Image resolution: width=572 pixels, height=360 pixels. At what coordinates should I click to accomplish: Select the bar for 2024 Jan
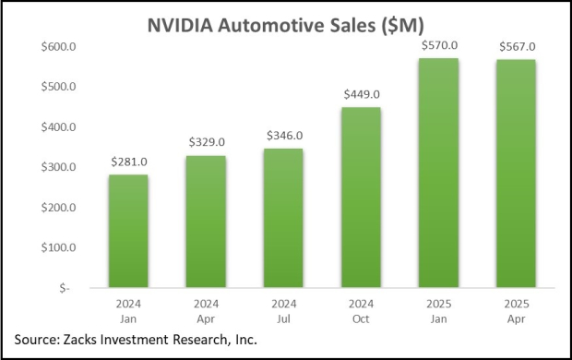pos(128,231)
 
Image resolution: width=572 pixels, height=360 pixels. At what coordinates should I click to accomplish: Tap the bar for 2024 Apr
pos(206,222)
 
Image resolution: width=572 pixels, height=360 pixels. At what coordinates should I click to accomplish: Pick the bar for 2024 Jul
pos(283,218)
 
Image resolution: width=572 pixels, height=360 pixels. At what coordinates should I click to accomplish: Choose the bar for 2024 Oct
pos(362,198)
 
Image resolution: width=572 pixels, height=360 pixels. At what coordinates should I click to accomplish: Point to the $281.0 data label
pos(128,162)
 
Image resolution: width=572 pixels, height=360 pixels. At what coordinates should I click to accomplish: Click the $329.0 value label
pos(206,143)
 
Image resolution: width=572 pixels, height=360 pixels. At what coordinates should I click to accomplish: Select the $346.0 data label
pos(283,137)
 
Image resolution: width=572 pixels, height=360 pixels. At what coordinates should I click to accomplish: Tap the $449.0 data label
pos(362,95)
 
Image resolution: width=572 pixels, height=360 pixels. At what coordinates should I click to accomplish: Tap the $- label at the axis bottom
pos(66,288)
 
